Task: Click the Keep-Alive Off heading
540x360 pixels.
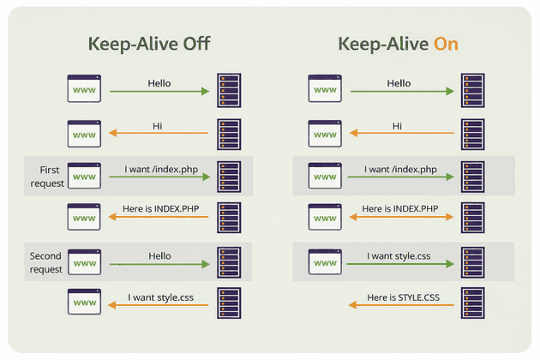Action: (149, 44)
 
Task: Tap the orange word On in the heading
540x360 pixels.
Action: (446, 44)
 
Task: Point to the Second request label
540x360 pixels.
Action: (46, 262)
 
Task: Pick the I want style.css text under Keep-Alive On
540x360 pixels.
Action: (399, 255)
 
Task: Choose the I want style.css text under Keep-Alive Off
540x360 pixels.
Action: (159, 297)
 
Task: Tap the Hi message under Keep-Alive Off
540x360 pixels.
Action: (158, 126)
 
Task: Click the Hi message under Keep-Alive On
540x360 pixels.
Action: (398, 126)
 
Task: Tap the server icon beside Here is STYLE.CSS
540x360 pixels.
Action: (472, 303)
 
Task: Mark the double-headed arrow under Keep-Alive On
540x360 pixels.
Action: (399, 219)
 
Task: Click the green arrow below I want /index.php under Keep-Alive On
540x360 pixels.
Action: (399, 177)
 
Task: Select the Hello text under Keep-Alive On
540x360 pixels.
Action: (399, 83)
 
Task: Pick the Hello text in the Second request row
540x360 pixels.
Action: (159, 255)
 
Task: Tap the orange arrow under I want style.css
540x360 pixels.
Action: (159, 305)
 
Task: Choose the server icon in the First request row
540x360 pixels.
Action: (229, 176)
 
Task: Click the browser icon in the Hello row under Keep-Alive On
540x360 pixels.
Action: (324, 89)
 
